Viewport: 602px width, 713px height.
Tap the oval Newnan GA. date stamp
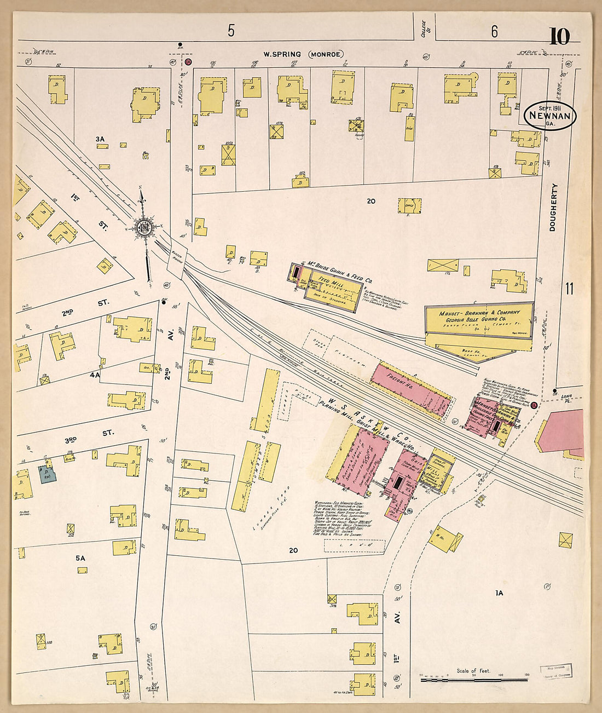coord(550,116)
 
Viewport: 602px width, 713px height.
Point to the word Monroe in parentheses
coord(326,54)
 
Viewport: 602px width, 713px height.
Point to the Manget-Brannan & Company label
coord(479,313)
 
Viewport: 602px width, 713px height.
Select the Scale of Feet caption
coord(473,671)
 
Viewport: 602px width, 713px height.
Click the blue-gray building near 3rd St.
coord(47,474)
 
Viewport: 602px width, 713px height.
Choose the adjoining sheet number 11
coord(569,289)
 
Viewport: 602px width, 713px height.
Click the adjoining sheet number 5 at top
coord(231,31)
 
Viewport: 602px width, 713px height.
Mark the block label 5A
coord(80,558)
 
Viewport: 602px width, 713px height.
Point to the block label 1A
coord(499,593)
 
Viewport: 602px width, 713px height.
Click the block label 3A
coord(100,140)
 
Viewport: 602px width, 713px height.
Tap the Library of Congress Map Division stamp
coord(556,672)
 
